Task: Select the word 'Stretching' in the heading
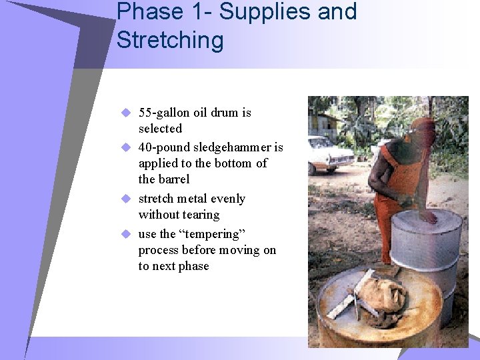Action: point(170,40)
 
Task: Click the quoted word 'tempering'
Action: point(213,234)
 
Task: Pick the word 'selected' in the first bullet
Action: point(160,129)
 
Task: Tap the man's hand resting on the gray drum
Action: point(429,217)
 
